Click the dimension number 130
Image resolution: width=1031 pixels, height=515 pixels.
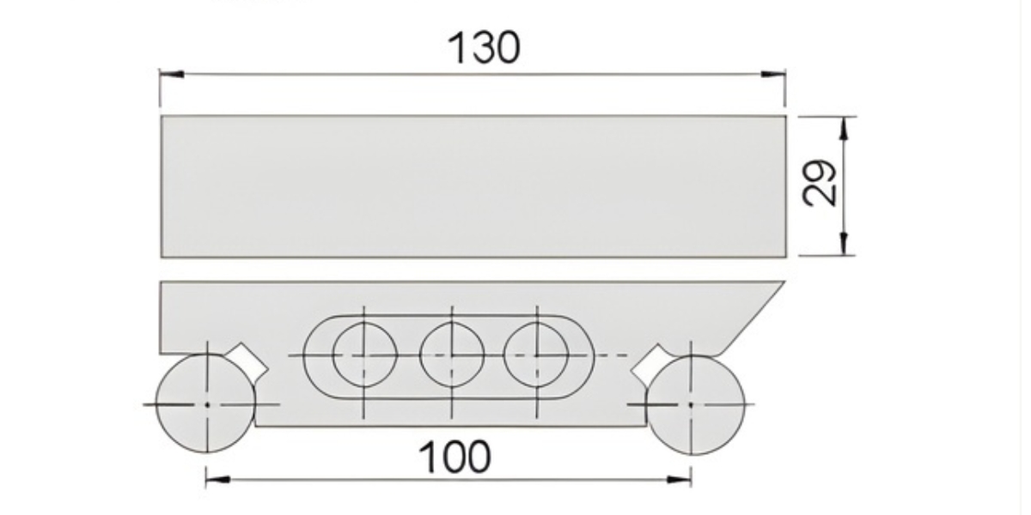pyautogui.click(x=484, y=47)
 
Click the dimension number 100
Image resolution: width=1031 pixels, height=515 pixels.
pyautogui.click(x=454, y=457)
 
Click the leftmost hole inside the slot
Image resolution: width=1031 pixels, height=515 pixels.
pyautogui.click(x=364, y=354)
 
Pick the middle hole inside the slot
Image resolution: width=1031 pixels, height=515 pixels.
pyautogui.click(x=452, y=354)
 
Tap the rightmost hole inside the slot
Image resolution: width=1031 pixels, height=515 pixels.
pyautogui.click(x=536, y=354)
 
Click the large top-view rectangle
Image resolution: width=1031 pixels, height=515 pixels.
pyautogui.click(x=473, y=186)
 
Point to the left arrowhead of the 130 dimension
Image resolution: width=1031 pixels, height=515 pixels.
pyautogui.click(x=171, y=75)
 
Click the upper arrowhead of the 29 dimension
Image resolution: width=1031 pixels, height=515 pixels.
pyautogui.click(x=845, y=128)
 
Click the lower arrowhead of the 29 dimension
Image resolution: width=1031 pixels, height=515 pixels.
pyautogui.click(x=845, y=244)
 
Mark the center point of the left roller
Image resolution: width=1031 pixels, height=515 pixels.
pyautogui.click(x=207, y=403)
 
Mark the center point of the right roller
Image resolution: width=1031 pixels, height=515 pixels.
pyautogui.click(x=690, y=403)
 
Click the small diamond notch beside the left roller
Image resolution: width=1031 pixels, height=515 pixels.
pyautogui.click(x=251, y=360)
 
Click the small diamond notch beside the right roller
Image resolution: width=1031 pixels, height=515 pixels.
pyautogui.click(x=650, y=361)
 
